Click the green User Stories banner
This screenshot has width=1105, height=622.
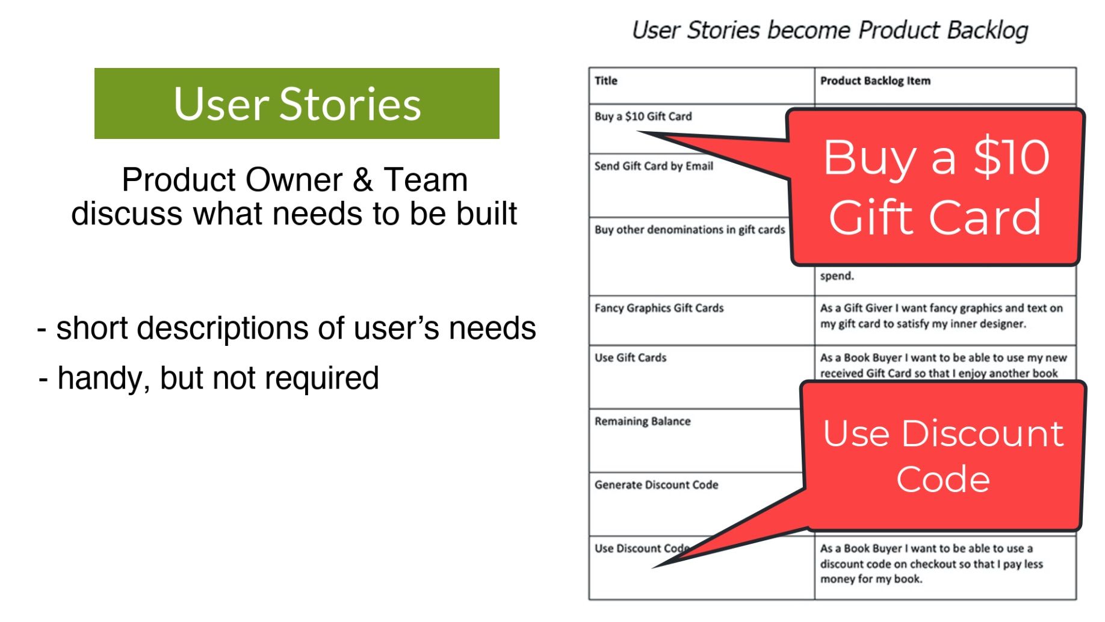pos(297,103)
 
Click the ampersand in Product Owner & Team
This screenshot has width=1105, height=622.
pos(362,180)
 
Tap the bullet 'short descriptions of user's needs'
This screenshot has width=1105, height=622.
pos(286,328)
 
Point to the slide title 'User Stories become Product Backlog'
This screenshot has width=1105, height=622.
pos(829,30)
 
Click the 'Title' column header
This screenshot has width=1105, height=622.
pos(606,81)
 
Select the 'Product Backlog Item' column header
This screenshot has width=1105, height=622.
pos(875,81)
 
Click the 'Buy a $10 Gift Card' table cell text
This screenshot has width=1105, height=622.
pos(643,117)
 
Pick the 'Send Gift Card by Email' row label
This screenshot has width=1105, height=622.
pos(654,166)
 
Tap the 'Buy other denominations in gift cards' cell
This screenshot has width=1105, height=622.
pos(690,230)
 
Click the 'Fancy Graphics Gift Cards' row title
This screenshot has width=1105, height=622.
pos(659,308)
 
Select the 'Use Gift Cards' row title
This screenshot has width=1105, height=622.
pos(631,358)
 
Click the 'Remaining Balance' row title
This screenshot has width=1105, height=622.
pos(643,422)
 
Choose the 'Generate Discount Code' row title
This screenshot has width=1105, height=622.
pos(657,485)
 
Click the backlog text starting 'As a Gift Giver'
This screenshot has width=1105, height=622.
pos(941,316)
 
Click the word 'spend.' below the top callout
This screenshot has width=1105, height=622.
pos(837,276)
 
